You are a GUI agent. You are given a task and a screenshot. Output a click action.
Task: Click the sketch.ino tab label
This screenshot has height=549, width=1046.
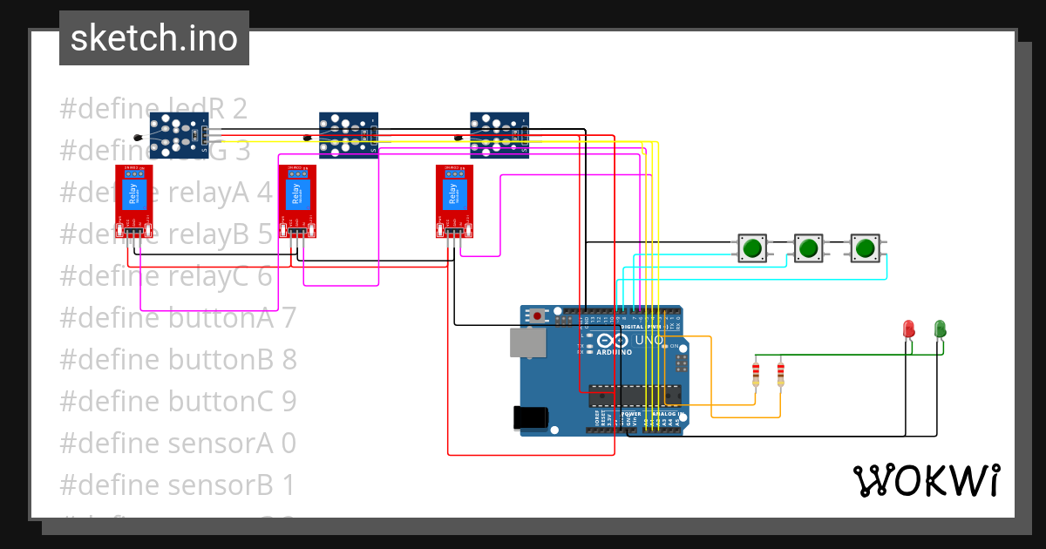click(x=154, y=38)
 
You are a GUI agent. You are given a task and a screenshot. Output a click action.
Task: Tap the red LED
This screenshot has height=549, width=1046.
click(x=908, y=329)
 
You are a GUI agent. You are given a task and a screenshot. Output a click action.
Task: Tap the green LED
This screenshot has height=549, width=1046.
click(x=940, y=329)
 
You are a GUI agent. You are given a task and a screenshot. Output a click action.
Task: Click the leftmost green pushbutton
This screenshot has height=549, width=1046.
click(x=752, y=248)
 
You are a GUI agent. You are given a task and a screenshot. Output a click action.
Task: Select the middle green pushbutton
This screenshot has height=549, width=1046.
click(x=808, y=248)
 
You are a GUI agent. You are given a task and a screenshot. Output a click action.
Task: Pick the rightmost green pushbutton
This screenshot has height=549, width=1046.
click(x=865, y=248)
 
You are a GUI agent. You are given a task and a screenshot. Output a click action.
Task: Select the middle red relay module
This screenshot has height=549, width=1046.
click(x=297, y=200)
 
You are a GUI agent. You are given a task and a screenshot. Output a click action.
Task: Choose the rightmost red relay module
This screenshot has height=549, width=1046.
click(x=455, y=200)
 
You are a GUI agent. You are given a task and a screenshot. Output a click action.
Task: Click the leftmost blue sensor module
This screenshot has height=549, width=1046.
click(x=178, y=135)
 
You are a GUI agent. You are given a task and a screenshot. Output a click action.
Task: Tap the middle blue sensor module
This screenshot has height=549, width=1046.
click(x=348, y=135)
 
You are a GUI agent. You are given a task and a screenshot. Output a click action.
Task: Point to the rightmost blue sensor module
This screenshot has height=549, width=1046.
click(x=499, y=135)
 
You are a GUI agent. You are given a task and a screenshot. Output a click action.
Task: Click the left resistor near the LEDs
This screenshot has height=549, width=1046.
click(x=755, y=375)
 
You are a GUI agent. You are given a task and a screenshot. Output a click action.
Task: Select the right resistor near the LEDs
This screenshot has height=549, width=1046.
click(x=780, y=375)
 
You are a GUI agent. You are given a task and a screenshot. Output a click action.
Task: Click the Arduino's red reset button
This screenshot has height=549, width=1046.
click(x=538, y=315)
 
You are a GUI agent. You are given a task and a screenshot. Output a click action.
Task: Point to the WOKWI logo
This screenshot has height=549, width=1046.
click(x=926, y=480)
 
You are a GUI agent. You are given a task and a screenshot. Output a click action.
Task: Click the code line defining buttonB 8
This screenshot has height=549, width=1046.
click(x=178, y=359)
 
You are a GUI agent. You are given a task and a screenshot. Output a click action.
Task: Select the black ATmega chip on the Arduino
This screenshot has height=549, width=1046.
click(x=633, y=396)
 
